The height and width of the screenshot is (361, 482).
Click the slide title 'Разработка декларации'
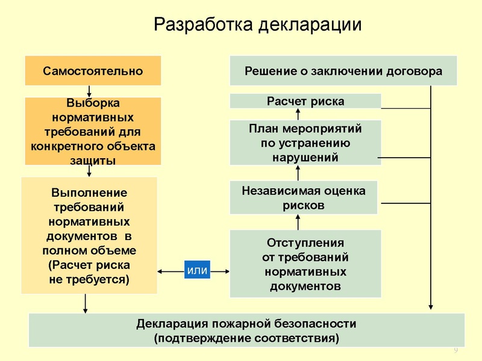(x=258, y=25)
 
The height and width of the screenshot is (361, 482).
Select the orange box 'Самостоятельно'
(x=93, y=71)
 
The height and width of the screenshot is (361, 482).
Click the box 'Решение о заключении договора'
(x=343, y=71)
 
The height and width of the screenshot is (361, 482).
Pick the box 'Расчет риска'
(x=305, y=101)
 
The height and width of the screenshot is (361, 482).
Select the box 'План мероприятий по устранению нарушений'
(x=305, y=143)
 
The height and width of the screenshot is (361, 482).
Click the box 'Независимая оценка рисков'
(x=304, y=198)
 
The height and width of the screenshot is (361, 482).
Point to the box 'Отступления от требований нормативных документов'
(x=305, y=264)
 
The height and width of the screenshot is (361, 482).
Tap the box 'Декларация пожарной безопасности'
(x=247, y=330)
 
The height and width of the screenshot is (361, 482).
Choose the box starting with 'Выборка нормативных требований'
(x=93, y=131)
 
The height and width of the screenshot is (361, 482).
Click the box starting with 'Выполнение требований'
(x=89, y=236)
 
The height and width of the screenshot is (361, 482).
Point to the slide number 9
(x=455, y=351)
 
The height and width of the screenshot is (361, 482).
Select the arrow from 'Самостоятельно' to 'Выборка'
(x=89, y=91)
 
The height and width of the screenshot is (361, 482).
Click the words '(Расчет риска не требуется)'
(x=89, y=273)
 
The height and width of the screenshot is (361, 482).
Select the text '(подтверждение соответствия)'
(x=247, y=338)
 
